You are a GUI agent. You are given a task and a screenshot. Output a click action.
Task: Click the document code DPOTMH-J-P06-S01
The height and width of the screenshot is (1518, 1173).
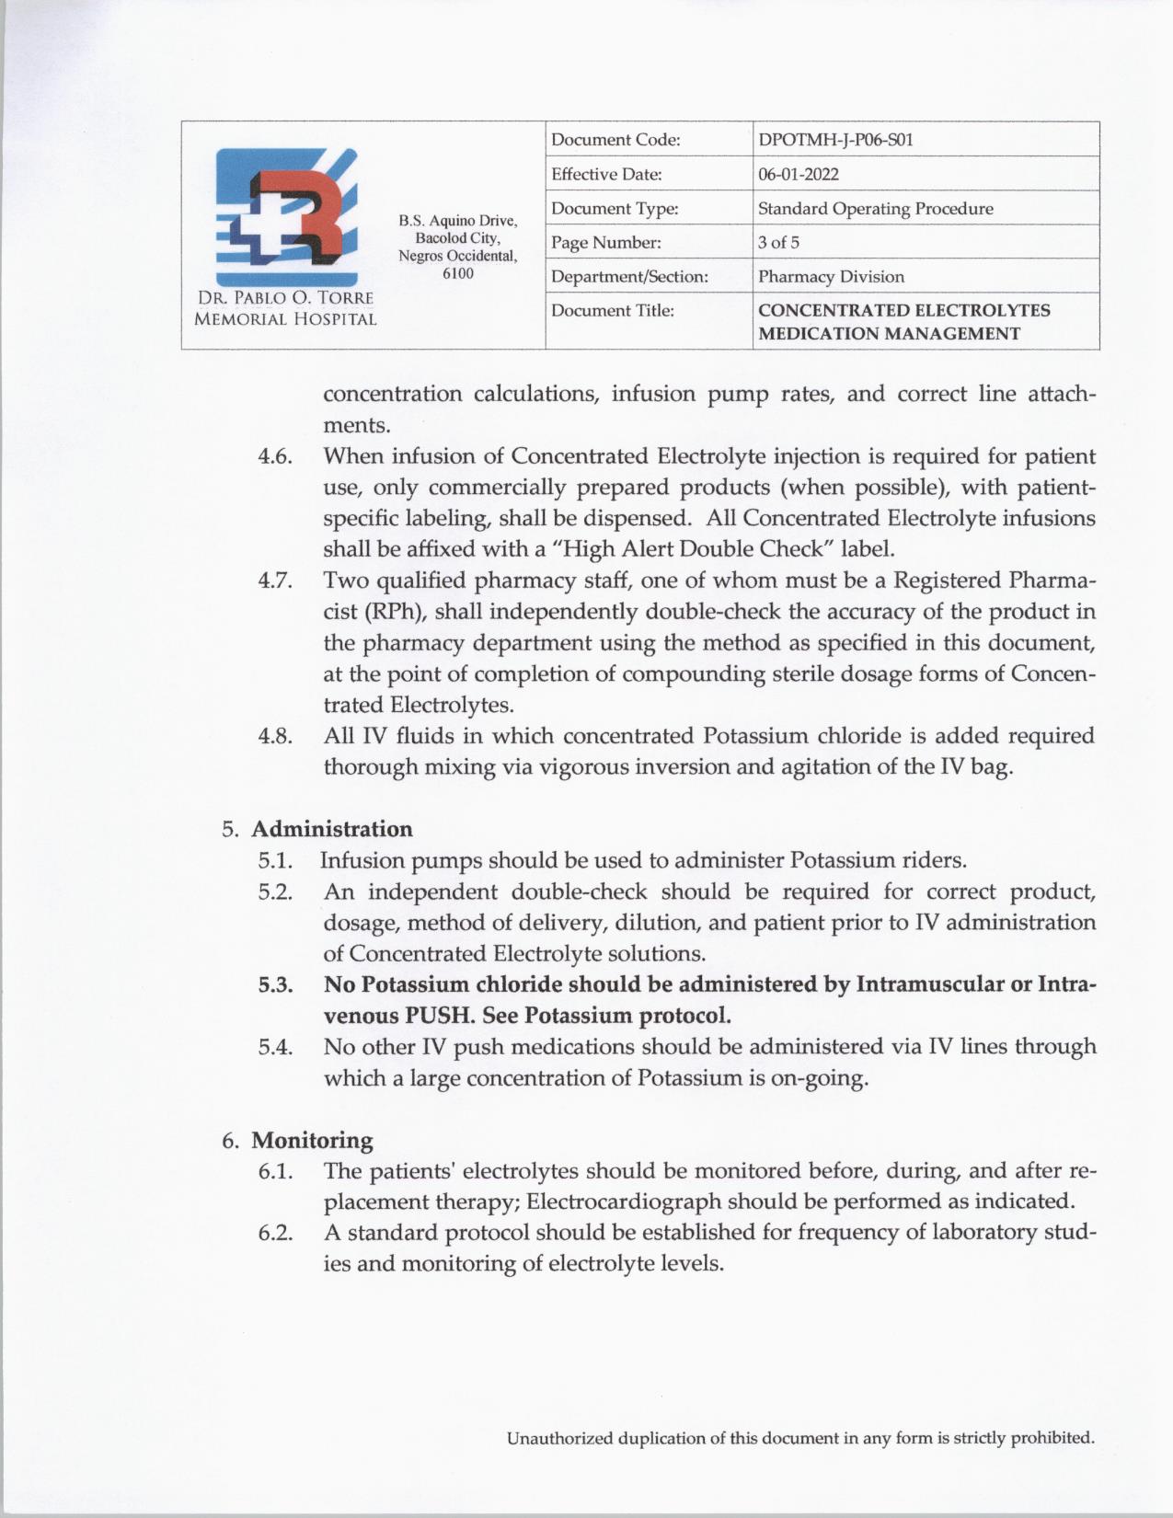pyautogui.click(x=835, y=140)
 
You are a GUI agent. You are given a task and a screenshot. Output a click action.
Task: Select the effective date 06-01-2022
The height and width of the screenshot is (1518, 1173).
pyautogui.click(x=798, y=174)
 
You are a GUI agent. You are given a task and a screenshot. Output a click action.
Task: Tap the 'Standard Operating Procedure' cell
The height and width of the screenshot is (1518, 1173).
pyautogui.click(x=875, y=208)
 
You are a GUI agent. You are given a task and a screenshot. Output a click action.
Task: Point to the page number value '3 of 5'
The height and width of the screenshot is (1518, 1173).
pyautogui.click(x=778, y=242)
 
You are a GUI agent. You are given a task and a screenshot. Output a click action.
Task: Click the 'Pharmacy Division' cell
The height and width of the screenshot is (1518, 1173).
pyautogui.click(x=831, y=276)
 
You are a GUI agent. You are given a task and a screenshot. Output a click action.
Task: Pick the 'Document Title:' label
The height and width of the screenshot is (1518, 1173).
pyautogui.click(x=612, y=311)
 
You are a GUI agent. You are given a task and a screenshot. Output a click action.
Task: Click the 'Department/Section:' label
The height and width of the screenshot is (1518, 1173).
pyautogui.click(x=629, y=276)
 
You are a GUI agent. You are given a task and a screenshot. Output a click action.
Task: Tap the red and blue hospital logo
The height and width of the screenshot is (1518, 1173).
pyautogui.click(x=286, y=217)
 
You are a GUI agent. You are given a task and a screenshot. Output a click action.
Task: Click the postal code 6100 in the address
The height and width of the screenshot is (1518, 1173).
pyautogui.click(x=458, y=273)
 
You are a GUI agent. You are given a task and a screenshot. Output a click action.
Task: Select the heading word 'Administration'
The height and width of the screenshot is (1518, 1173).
pyautogui.click(x=332, y=829)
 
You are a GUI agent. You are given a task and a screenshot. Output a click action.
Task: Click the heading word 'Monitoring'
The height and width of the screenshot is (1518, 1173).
pyautogui.click(x=312, y=1140)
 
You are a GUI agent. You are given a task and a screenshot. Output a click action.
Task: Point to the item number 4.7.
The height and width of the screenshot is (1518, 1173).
pyautogui.click(x=275, y=581)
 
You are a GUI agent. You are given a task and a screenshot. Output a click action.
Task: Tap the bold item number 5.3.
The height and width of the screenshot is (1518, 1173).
pyautogui.click(x=275, y=984)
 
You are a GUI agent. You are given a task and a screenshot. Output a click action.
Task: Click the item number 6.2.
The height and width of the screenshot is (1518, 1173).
pyautogui.click(x=275, y=1233)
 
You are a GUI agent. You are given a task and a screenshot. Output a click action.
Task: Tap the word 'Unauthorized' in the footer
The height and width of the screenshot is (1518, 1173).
pyautogui.click(x=558, y=1438)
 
